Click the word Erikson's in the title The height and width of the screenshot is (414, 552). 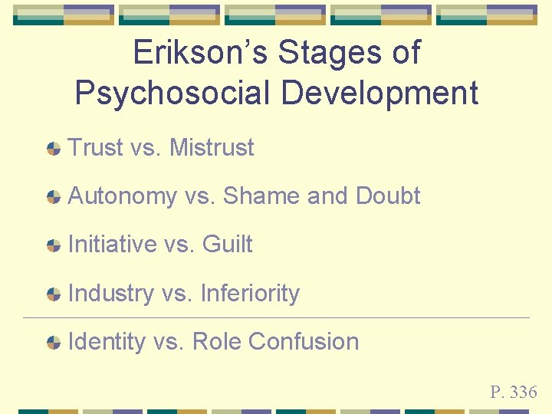(200, 52)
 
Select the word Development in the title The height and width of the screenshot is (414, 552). (382, 93)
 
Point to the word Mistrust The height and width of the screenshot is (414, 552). (211, 147)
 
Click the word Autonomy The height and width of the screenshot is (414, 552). (123, 196)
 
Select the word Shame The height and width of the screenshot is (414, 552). (261, 195)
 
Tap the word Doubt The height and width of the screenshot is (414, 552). (388, 195)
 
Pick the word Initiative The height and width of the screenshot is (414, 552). (112, 245)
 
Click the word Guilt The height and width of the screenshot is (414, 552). (227, 245)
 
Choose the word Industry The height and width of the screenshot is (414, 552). (110, 293)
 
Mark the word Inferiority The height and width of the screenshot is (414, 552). (249, 293)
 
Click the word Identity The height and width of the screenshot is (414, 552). (107, 342)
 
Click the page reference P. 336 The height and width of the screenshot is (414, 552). (514, 393)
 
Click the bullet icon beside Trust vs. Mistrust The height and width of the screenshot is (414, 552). (54, 149)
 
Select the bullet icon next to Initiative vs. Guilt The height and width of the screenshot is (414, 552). (54, 246)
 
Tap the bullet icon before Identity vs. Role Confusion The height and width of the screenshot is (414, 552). (54, 343)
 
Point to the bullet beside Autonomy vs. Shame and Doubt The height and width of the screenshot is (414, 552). (54, 197)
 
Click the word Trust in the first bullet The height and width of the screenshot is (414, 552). (96, 147)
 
